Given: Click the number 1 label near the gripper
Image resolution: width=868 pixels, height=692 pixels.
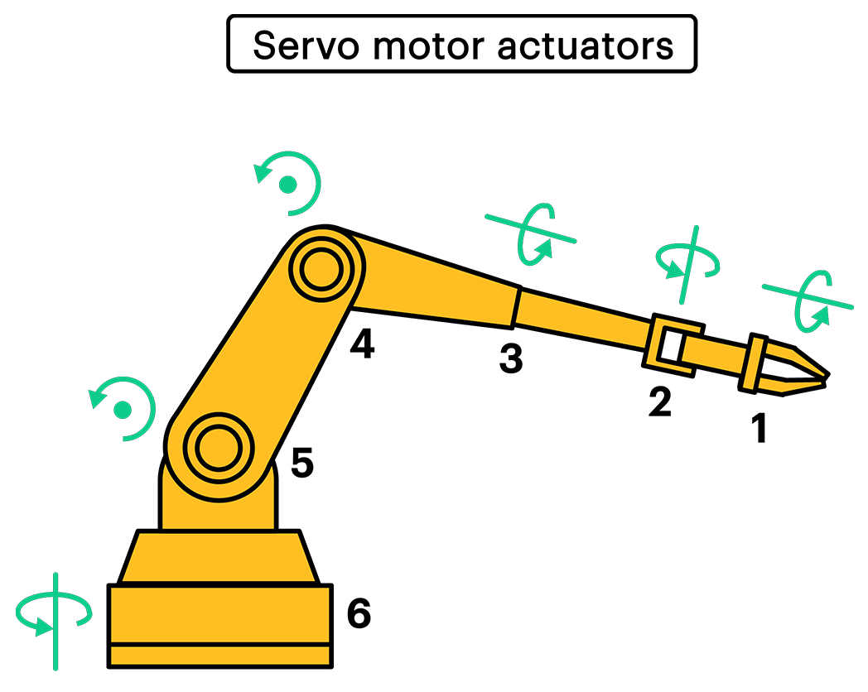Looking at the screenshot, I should click(x=759, y=429).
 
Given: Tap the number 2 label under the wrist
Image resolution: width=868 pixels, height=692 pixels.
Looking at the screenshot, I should click(x=659, y=402).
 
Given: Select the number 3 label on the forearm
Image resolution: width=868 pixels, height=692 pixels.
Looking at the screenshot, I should click(x=511, y=359).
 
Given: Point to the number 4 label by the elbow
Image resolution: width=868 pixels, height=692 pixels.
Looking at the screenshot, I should click(x=362, y=344).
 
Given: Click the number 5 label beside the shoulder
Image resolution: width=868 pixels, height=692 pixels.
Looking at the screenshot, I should click(x=302, y=464).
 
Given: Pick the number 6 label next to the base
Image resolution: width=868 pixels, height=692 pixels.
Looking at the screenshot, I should click(x=358, y=614).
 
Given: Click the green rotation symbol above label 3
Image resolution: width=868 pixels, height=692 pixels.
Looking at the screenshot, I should click(x=531, y=233).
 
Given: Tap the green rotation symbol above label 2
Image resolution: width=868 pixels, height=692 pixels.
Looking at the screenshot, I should click(x=687, y=262).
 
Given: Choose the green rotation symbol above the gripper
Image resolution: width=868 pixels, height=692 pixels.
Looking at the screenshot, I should click(x=808, y=298).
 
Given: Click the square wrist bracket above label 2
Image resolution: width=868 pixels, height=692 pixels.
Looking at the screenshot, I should click(x=672, y=344).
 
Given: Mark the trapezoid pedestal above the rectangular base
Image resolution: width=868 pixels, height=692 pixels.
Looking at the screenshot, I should click(x=218, y=557).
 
